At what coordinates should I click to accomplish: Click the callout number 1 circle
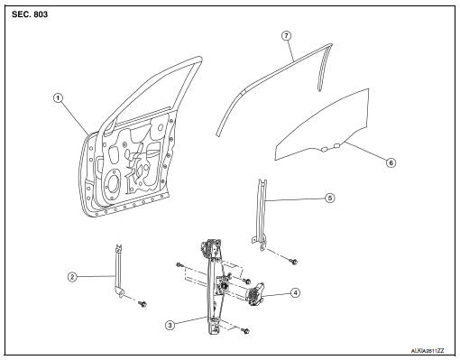tap(58, 98)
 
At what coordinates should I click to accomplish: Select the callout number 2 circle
tap(72, 277)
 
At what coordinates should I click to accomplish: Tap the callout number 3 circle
tap(170, 325)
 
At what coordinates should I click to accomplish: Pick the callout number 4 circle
tap(295, 292)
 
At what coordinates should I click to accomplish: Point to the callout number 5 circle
tap(330, 198)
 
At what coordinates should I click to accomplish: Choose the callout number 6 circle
tap(391, 162)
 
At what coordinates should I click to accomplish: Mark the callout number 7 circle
tap(286, 36)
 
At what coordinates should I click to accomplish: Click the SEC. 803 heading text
tap(30, 14)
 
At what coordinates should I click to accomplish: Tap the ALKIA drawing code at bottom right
tap(428, 351)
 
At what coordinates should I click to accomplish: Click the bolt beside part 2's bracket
tap(143, 304)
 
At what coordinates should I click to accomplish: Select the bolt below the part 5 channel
tap(294, 262)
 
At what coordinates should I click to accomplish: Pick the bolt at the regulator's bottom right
tap(246, 331)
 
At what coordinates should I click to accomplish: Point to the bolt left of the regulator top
tap(179, 265)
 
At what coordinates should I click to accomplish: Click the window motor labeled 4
tap(255, 294)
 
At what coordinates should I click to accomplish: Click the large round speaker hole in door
tap(113, 183)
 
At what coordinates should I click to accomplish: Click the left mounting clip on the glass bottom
tap(324, 149)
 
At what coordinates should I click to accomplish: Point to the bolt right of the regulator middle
tap(247, 282)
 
